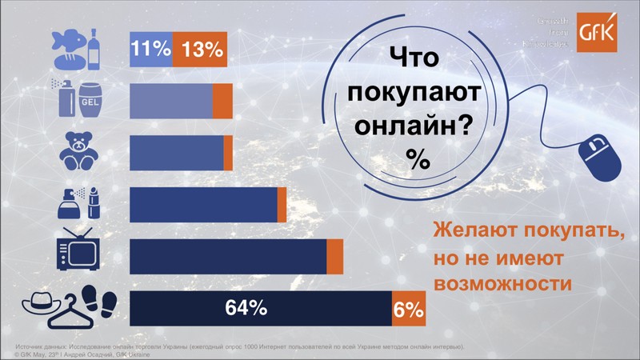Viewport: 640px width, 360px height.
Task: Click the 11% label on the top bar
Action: (150, 50)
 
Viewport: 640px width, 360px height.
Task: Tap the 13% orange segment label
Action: (201, 50)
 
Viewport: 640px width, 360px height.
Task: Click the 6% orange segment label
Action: (408, 309)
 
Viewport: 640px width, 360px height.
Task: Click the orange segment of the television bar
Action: (335, 257)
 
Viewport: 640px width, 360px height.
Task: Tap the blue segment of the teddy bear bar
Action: (176, 153)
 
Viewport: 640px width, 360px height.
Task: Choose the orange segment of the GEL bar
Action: (222, 102)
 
